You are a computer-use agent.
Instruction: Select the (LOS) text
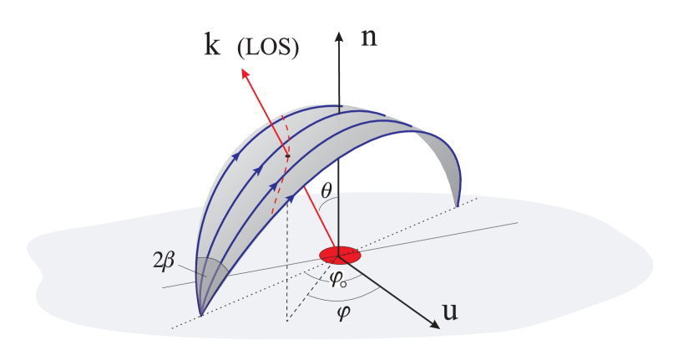(x=268, y=49)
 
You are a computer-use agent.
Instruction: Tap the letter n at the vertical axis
(x=368, y=38)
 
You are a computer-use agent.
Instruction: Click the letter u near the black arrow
(x=450, y=313)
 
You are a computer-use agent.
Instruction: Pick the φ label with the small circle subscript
(x=337, y=279)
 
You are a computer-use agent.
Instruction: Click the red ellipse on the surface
(x=339, y=254)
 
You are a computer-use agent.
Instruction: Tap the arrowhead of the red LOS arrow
(x=245, y=74)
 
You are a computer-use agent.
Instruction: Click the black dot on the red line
(x=286, y=155)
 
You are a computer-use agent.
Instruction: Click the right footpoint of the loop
(x=457, y=203)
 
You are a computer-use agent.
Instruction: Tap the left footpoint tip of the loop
(x=201, y=315)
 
